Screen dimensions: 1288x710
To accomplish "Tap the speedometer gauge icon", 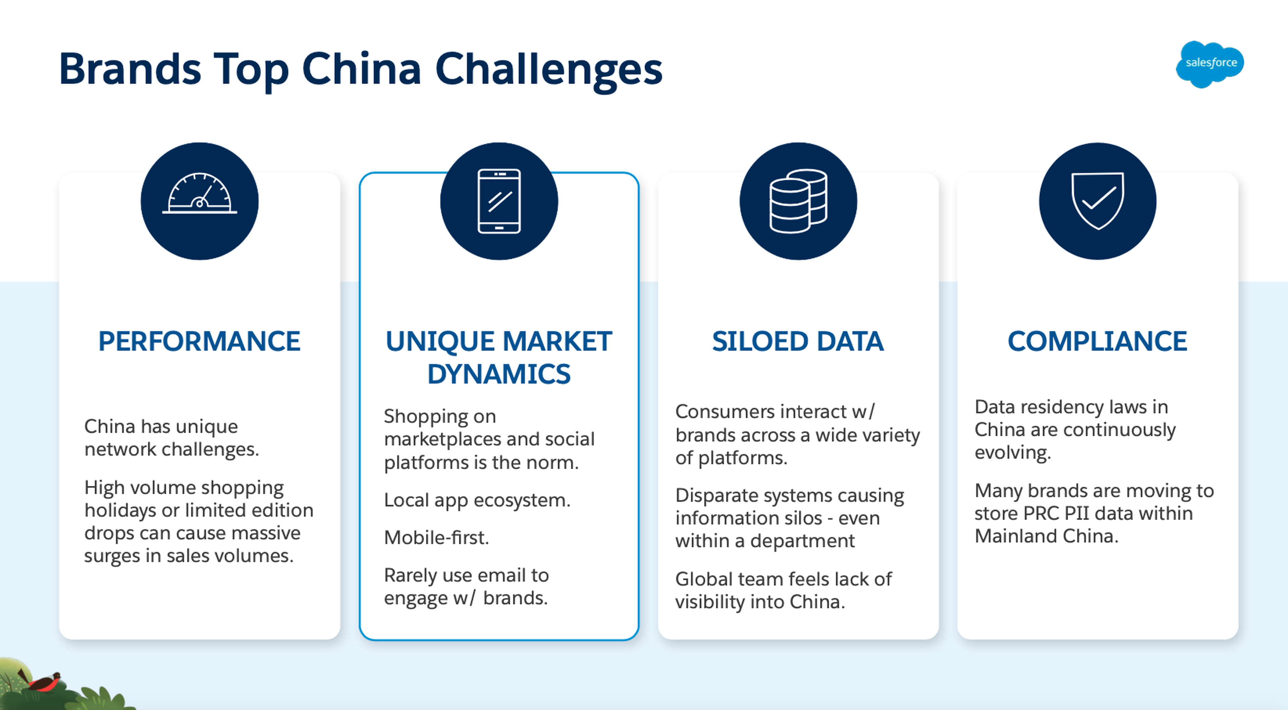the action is (x=200, y=193).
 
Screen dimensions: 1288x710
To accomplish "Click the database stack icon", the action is (x=799, y=201).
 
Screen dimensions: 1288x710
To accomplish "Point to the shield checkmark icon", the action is (x=1098, y=201).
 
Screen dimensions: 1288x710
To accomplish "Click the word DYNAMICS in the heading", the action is (x=499, y=374).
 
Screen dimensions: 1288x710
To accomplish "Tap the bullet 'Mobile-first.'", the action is (x=436, y=538).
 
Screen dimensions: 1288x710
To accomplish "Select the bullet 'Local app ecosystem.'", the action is (x=477, y=500).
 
